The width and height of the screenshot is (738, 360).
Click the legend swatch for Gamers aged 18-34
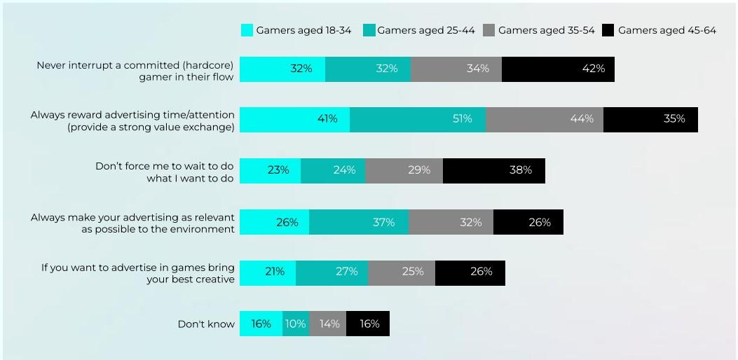click(x=247, y=30)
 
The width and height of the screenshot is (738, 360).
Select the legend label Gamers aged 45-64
click(x=667, y=30)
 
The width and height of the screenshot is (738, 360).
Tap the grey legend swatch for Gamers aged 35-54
click(x=488, y=30)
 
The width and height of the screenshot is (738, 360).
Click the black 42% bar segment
click(x=558, y=69)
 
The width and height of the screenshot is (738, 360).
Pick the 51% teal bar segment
click(x=418, y=120)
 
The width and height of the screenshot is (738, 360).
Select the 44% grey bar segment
click(x=545, y=120)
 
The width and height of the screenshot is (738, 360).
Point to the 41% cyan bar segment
click(x=294, y=120)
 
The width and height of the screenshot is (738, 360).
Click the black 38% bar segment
click(x=494, y=171)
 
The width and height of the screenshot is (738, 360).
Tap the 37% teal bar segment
click(x=359, y=222)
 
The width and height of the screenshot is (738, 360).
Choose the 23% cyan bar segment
click(x=270, y=171)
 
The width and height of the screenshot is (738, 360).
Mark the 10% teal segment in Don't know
click(x=296, y=324)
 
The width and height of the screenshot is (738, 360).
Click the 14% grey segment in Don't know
click(x=328, y=324)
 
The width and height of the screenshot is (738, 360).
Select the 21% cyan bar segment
click(x=268, y=272)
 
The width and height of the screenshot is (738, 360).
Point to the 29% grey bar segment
click(x=404, y=171)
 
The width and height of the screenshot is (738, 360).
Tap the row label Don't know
click(x=206, y=324)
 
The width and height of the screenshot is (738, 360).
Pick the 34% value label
click(x=478, y=69)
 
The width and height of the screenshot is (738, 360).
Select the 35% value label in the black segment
click(x=674, y=119)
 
